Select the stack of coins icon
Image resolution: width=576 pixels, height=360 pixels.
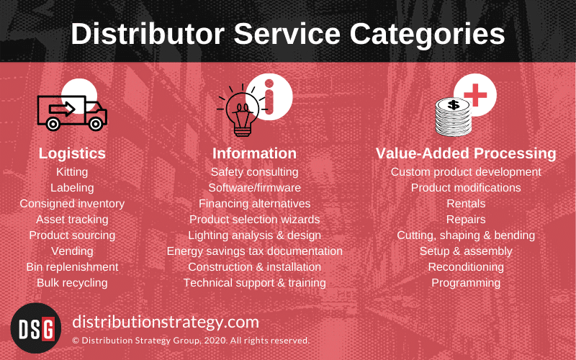[x=454, y=117]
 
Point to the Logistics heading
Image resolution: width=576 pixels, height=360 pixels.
[x=72, y=153]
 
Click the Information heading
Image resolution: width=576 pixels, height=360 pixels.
[x=254, y=153]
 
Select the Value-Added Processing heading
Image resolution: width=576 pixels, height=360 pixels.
[x=466, y=153]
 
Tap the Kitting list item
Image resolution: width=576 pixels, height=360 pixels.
[x=72, y=172]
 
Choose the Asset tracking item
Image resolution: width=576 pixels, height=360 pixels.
[x=72, y=220]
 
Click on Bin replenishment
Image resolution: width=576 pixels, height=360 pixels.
[x=72, y=267]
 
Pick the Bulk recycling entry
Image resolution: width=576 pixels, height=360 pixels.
[x=72, y=283]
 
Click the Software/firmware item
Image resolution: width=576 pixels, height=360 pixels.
[x=254, y=188]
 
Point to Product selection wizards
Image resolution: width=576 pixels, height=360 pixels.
[x=254, y=220]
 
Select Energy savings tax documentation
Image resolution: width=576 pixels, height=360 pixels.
[x=254, y=251]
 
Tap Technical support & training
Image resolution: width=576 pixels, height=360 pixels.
[x=254, y=283]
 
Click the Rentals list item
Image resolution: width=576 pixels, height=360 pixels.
[x=466, y=204]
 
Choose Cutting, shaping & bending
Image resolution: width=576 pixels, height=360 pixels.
[x=466, y=235]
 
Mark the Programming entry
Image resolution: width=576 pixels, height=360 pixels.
[x=466, y=283]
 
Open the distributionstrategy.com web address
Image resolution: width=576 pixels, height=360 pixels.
[x=166, y=321]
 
